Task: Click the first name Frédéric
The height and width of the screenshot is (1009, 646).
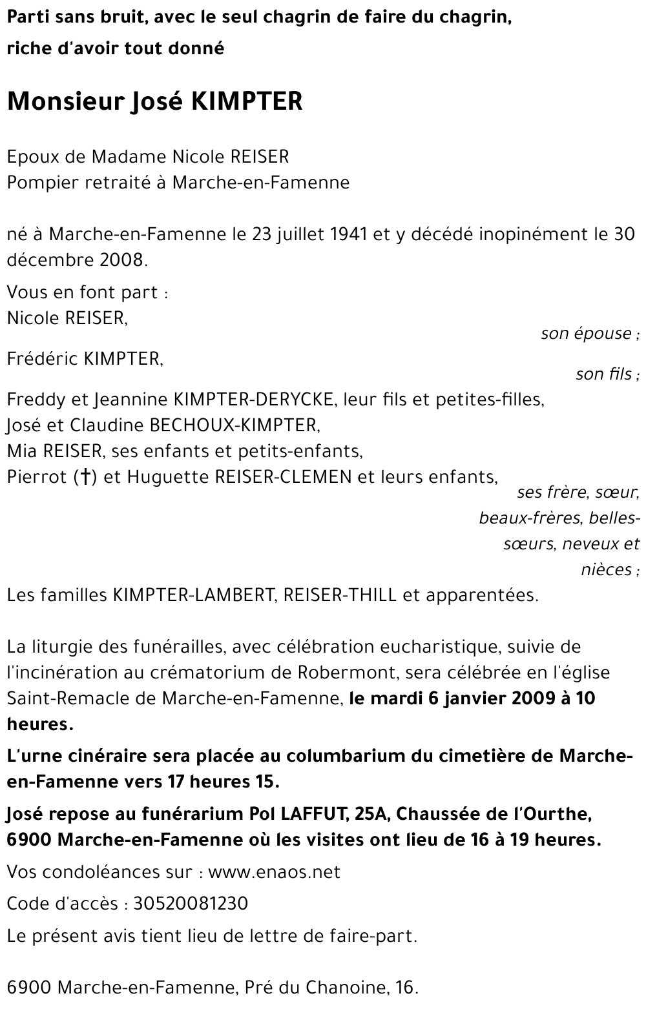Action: [43, 359]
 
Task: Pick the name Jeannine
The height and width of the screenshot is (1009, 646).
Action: [131, 400]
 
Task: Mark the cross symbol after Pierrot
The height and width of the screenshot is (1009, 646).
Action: [85, 477]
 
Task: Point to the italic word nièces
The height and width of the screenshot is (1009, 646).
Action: [606, 569]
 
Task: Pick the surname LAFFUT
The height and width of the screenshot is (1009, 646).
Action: [311, 814]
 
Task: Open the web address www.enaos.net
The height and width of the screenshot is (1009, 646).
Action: [275, 872]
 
